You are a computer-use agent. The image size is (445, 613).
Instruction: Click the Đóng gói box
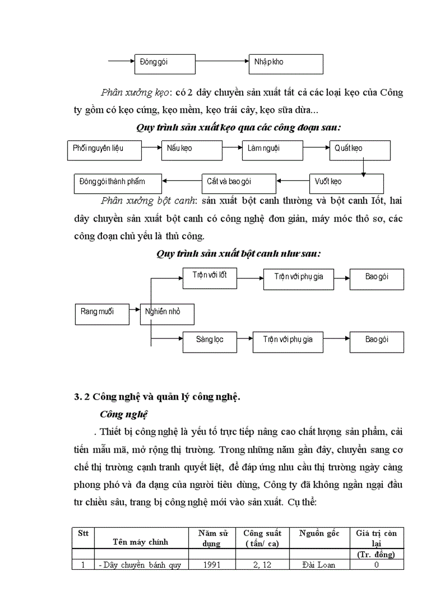[x=165, y=63]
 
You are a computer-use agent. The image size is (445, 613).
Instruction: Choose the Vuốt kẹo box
[x=346, y=182]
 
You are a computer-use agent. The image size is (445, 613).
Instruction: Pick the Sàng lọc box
[x=210, y=341]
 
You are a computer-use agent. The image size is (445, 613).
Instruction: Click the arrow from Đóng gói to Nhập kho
[x=221, y=62]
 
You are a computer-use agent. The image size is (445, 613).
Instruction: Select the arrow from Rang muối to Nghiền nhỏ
[x=134, y=311]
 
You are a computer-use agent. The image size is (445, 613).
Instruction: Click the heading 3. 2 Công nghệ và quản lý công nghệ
[x=157, y=397]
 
